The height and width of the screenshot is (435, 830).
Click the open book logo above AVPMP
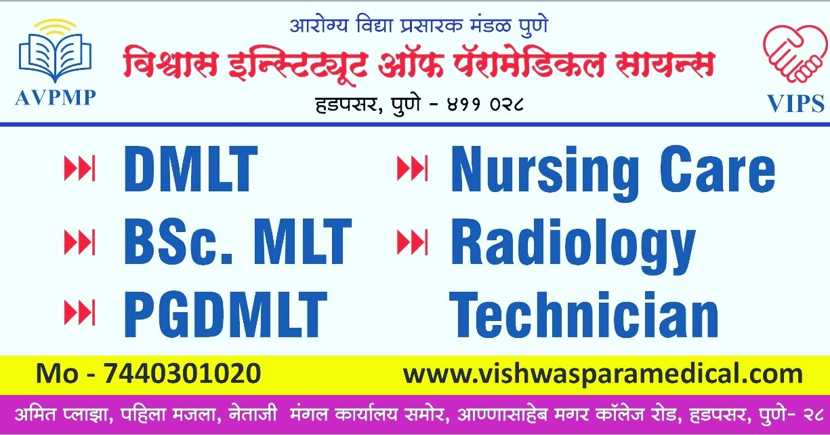tap(55, 51)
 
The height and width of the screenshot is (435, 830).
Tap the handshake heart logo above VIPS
tap(795, 53)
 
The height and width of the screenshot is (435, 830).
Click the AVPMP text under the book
tap(55, 98)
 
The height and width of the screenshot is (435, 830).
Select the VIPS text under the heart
tap(795, 103)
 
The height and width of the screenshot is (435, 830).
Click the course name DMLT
tap(191, 169)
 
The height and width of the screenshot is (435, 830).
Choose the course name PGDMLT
tap(225, 314)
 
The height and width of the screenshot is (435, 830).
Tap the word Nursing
tap(545, 172)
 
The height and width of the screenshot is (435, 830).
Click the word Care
tap(718, 169)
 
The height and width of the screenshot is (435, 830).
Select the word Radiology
tap(573, 246)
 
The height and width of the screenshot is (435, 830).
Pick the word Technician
tap(583, 314)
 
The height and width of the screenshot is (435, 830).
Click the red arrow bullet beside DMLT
tap(79, 168)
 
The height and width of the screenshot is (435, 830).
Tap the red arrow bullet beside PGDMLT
tap(79, 313)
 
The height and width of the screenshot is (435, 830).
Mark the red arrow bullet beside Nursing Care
tap(412, 168)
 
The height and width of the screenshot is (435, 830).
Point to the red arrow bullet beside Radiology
tap(412, 242)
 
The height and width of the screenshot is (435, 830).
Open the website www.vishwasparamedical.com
tap(603, 374)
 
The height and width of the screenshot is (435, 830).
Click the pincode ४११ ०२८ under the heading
tap(485, 105)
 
